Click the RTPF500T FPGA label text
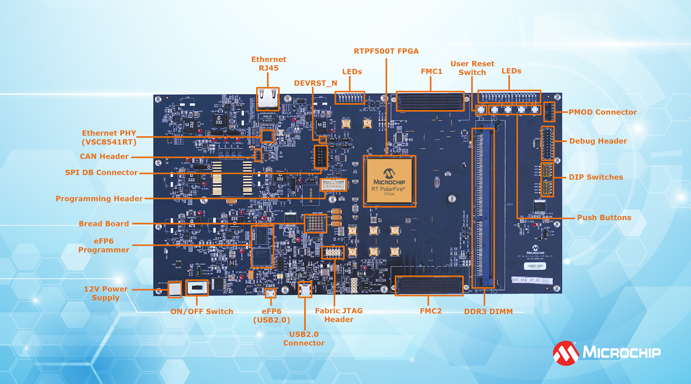coord(386,51)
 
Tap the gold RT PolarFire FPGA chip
coord(389,181)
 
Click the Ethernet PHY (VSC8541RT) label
coord(109,137)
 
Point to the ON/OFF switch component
coord(197,288)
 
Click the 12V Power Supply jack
coord(175,289)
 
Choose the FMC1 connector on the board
coord(430,101)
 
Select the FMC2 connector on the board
coord(429,286)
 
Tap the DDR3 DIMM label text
coord(488,311)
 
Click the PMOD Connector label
coord(602,112)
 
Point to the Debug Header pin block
coord(547,143)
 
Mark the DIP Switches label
coord(596,177)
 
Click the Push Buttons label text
coord(604,218)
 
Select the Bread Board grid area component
coord(315,223)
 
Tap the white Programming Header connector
coord(333,185)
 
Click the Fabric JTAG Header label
coord(339,315)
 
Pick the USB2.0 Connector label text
coord(304,338)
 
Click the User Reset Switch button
coord(481,110)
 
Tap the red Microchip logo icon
coord(566,353)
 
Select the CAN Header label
coord(104,156)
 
